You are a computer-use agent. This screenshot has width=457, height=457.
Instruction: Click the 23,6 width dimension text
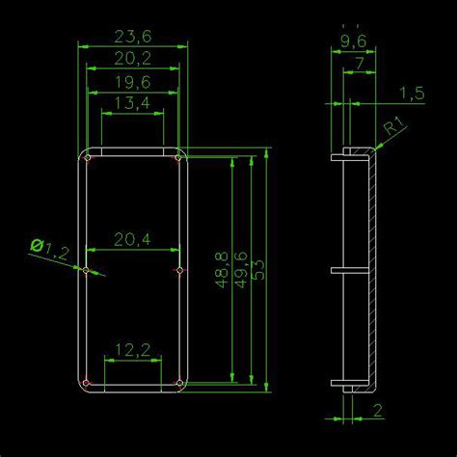coord(133,37)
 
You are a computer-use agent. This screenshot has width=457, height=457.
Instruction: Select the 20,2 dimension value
coord(133,60)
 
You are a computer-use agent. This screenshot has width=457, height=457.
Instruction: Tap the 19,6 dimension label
coord(133,82)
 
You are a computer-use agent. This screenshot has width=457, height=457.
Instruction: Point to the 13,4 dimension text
coord(132,104)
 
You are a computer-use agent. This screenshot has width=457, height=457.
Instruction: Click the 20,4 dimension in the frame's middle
coord(132,238)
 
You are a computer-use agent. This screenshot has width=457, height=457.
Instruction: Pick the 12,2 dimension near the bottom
coord(132,350)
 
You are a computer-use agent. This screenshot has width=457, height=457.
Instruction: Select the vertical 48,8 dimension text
coord(223,270)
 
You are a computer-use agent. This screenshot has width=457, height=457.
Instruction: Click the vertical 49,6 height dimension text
coord(241,270)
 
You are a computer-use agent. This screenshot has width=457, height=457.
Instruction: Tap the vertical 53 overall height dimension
coord(258,270)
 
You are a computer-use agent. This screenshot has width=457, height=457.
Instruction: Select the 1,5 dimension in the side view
coord(412,93)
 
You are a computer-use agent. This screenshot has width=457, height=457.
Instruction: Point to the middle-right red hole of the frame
coord(179,272)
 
